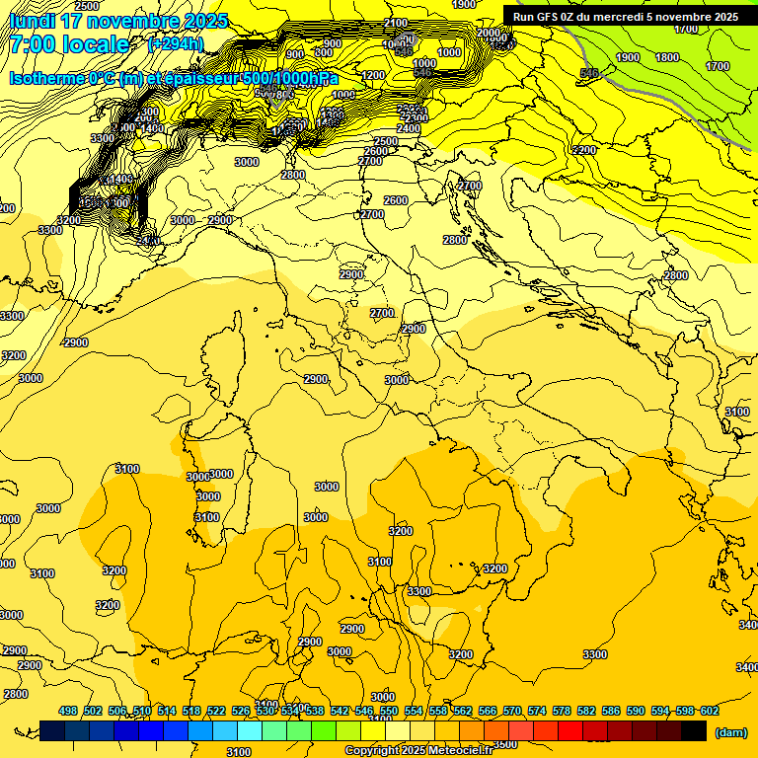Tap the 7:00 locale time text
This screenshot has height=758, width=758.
[x=69, y=44]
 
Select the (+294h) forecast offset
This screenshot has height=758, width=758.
[x=175, y=44]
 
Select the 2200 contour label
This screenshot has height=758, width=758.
[x=584, y=150]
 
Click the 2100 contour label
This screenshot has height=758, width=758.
[x=396, y=23]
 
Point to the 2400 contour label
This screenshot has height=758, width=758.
[x=408, y=129]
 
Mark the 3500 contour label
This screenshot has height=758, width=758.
[x=504, y=744]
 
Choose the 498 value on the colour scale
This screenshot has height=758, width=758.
[x=68, y=711]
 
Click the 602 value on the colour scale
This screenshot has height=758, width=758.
[x=710, y=711]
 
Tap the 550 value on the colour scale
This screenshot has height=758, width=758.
[x=389, y=711]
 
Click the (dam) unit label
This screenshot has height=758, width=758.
[x=729, y=732]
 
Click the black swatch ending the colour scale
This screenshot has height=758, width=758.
[x=694, y=731]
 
